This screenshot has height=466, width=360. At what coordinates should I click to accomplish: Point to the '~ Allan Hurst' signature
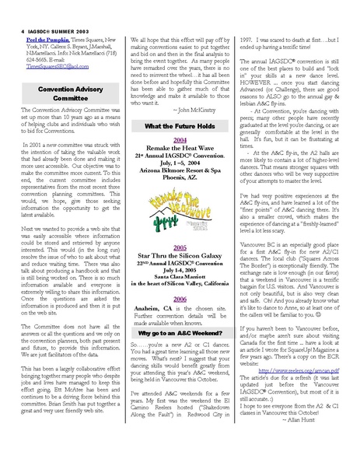pos(330,440)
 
